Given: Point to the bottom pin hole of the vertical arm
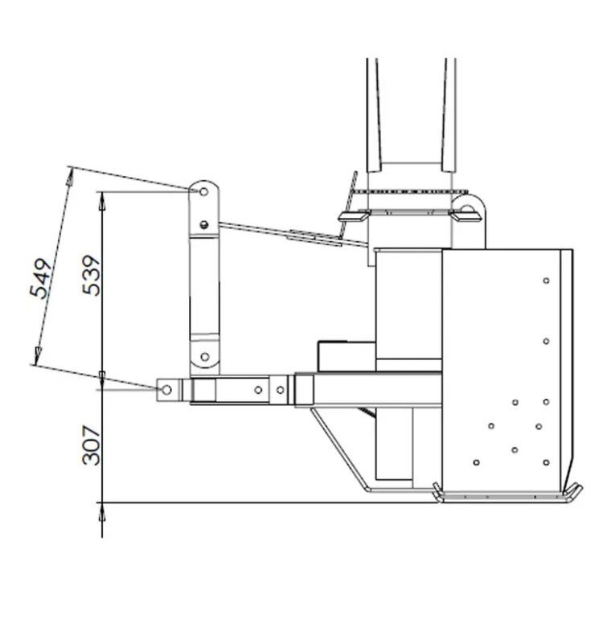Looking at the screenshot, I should click(x=204, y=356).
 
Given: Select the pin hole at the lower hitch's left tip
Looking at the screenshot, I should click(x=167, y=389).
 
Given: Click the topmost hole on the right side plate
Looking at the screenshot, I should click(x=546, y=281).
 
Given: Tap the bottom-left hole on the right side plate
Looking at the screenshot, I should click(x=477, y=462).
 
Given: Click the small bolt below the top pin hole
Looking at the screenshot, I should click(x=204, y=224).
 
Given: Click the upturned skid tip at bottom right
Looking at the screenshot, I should click(x=574, y=493).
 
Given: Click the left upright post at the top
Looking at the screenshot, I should click(x=373, y=113).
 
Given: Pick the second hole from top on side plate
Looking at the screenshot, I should click(x=546, y=341).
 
